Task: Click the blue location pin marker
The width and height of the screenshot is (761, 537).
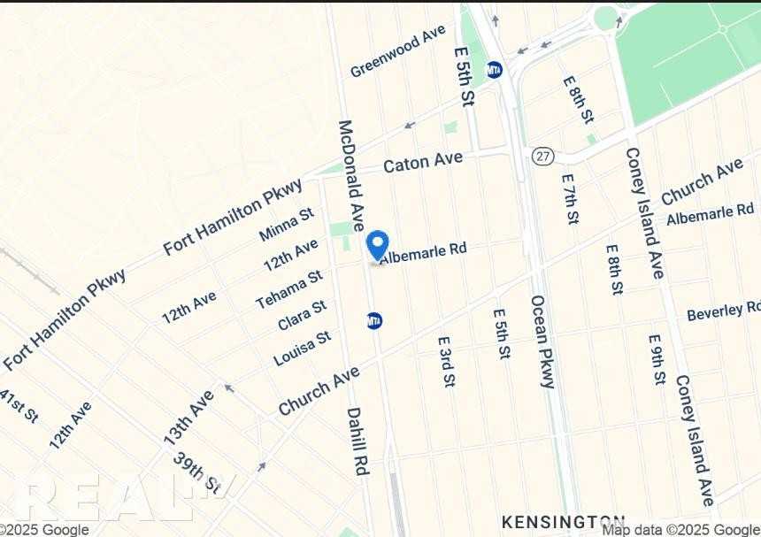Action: coord(377,244)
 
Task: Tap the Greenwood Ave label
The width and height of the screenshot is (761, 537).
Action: coord(397,51)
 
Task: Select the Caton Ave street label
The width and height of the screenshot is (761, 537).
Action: coord(423,162)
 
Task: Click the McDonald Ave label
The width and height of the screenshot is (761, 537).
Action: coord(350,175)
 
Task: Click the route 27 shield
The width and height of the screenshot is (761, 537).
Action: coord(542,156)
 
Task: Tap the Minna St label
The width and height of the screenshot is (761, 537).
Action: coord(287,226)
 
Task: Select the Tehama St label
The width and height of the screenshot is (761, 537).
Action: coord(289,290)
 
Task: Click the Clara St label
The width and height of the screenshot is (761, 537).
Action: coord(302,315)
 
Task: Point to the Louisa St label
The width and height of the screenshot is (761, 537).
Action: coord(302,348)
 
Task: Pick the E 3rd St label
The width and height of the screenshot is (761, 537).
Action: coord(446,361)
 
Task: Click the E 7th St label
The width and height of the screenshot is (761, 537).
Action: coord(571,198)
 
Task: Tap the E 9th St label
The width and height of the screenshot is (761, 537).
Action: coord(656,359)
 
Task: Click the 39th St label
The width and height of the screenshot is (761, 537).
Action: coord(196,472)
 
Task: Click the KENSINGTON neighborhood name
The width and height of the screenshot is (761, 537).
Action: coord(563,521)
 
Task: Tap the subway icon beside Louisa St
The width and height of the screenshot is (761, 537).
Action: coord(374,320)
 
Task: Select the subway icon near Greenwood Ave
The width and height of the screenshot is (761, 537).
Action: coord(495,69)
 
